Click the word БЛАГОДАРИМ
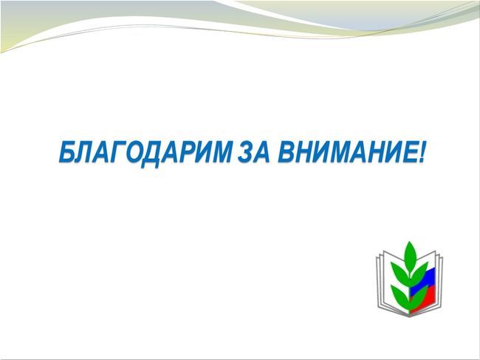(145, 152)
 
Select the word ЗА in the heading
(254, 152)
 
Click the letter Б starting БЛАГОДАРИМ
(67, 152)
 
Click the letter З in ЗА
(245, 152)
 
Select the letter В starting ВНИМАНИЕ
(287, 152)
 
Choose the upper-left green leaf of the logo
(400, 271)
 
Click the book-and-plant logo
(409, 279)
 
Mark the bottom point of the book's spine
(410, 317)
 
